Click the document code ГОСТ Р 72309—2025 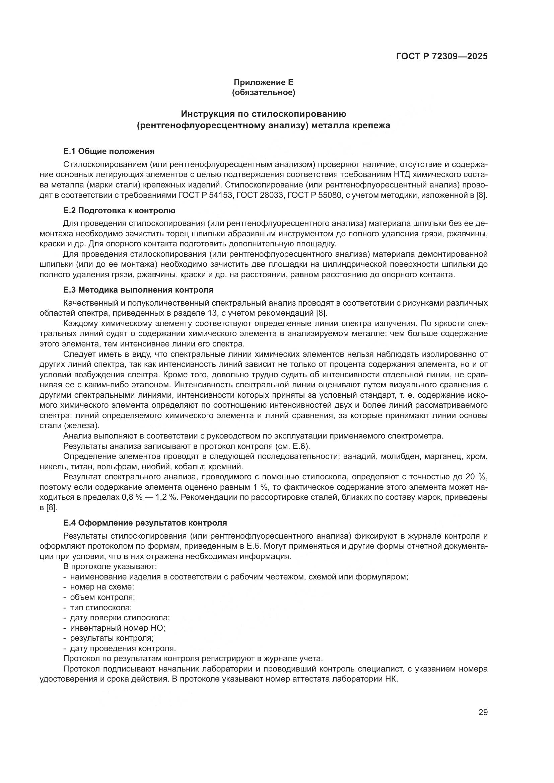tap(442, 56)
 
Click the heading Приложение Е tap(263, 82)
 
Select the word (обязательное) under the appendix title tap(263, 92)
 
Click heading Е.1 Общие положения tap(109, 151)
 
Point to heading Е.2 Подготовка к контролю tap(119, 211)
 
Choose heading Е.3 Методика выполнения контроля tap(138, 290)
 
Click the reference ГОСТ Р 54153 tap(204, 196)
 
